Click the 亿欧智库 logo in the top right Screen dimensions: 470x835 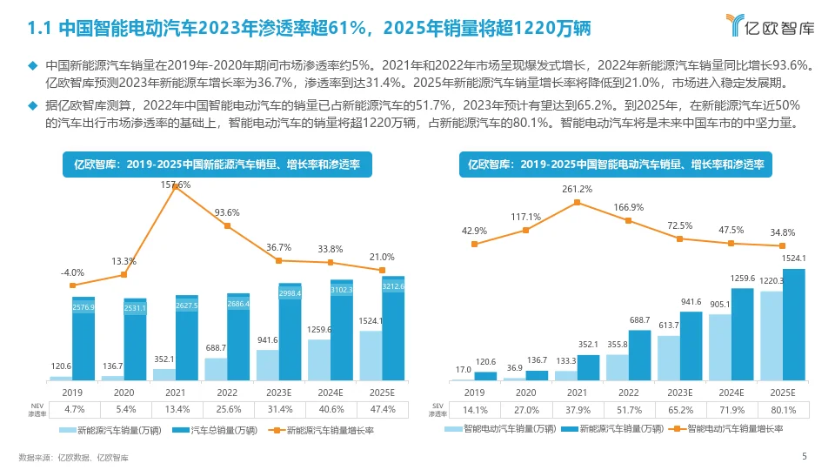coord(771,28)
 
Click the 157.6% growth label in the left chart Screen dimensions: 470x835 coord(176,185)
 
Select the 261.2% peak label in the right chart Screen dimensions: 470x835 coord(578,189)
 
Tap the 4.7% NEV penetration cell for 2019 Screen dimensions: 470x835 coord(74,409)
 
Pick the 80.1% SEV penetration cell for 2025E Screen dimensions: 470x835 coord(782,409)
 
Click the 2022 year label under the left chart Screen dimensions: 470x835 coord(228,393)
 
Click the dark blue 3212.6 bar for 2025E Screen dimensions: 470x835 coord(393,331)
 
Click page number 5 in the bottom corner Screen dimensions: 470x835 coord(804,456)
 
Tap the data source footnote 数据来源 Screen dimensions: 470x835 coord(73,457)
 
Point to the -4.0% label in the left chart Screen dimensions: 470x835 coord(72,272)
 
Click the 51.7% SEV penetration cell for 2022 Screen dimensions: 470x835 coord(628,409)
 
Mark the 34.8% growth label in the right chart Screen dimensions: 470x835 coord(782,232)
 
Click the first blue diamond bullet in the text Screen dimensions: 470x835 coord(34,65)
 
